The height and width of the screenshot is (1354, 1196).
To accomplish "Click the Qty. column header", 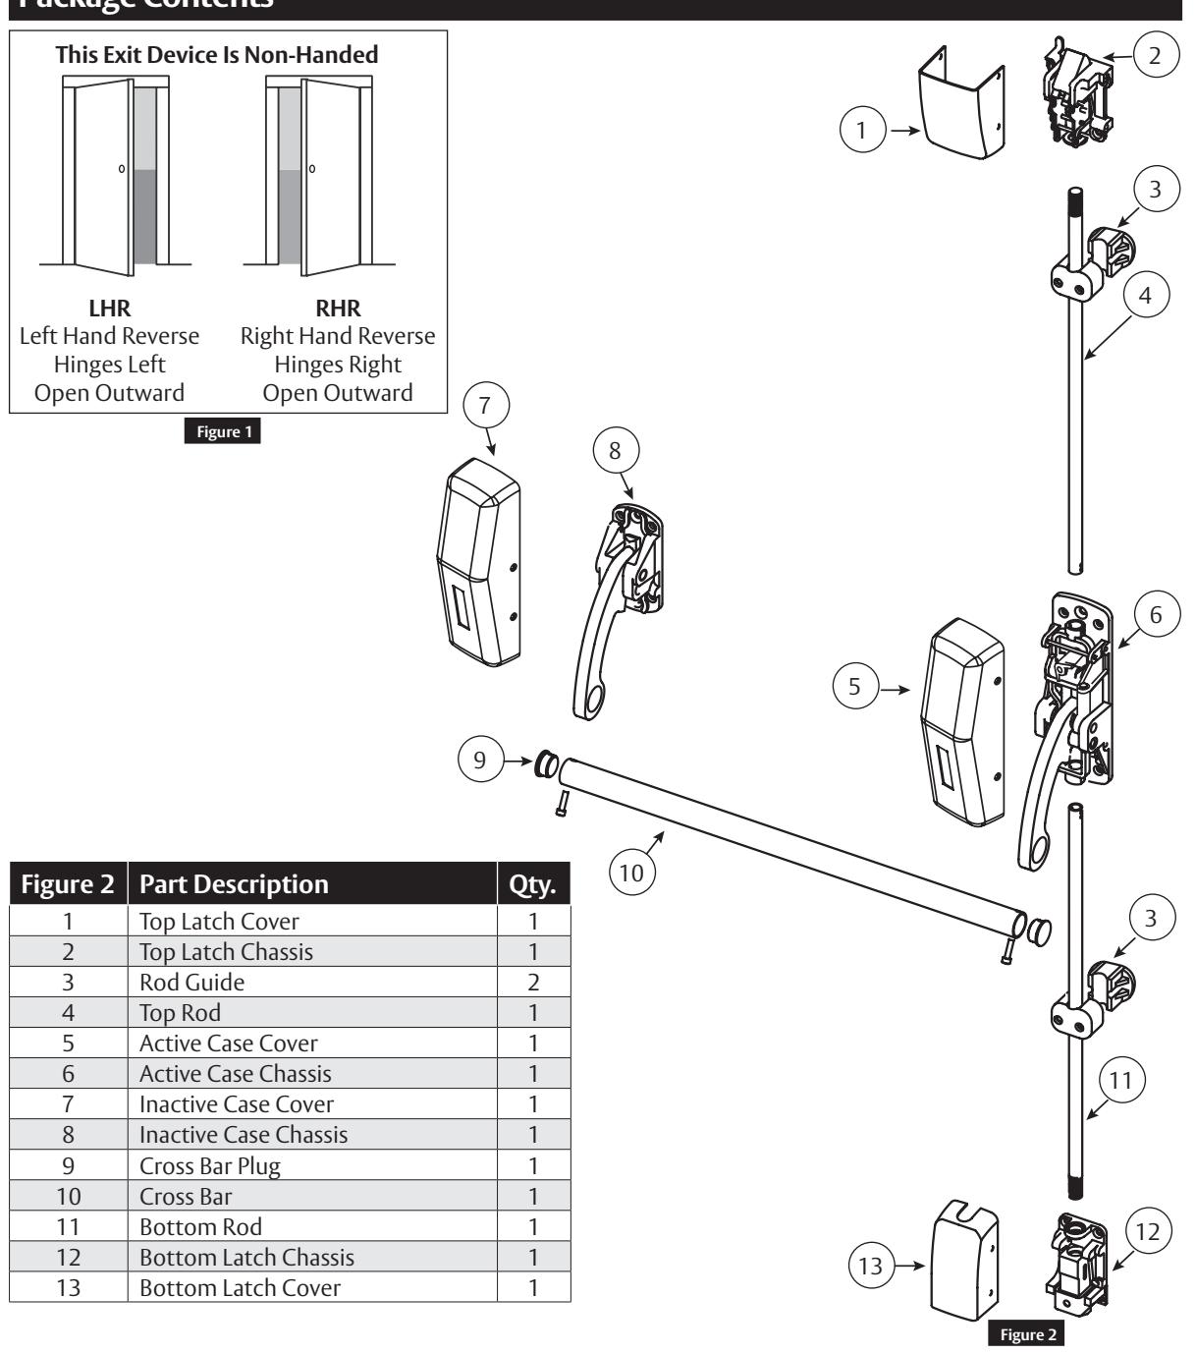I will pos(532,884).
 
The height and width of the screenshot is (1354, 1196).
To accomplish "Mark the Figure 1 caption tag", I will pos(228,432).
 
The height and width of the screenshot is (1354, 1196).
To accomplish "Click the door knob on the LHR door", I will pos(122,168).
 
